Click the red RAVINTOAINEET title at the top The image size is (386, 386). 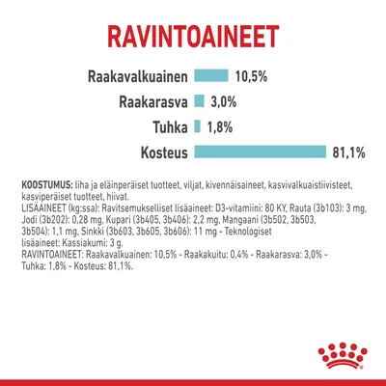pyautogui.click(x=193, y=39)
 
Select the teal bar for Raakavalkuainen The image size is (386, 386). pyautogui.click(x=211, y=76)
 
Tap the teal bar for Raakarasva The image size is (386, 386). pyautogui.click(x=199, y=101)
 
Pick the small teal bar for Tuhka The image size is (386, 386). pyautogui.click(x=197, y=125)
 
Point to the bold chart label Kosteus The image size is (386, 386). pyautogui.click(x=154, y=152)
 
